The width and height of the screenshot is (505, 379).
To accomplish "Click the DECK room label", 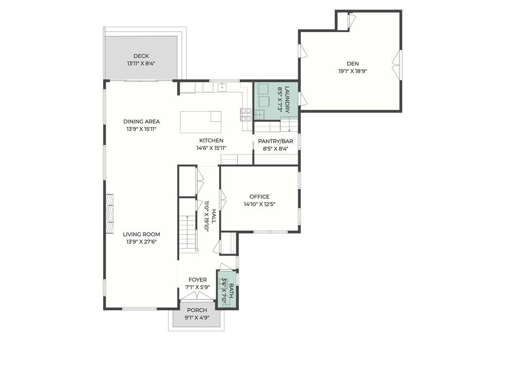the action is (x=141, y=56).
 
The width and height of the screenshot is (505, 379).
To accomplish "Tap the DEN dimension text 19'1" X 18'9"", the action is (x=353, y=72).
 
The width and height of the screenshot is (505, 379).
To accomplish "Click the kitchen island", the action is (x=201, y=122).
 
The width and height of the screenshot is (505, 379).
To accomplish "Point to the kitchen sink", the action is (x=222, y=87).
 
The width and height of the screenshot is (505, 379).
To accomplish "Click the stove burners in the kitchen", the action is (x=246, y=115).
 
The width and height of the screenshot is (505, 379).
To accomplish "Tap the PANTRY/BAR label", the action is (x=275, y=141).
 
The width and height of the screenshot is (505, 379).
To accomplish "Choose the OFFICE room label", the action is (x=259, y=196).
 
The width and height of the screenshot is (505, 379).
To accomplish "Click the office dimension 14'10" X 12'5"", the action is (x=259, y=204).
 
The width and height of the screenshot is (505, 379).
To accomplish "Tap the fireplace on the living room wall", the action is (x=110, y=213).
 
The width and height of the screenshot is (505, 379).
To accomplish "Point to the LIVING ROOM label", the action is (x=142, y=234).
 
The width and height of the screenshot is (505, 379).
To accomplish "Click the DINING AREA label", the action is (x=142, y=121).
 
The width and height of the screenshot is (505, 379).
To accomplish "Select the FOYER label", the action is (x=198, y=280).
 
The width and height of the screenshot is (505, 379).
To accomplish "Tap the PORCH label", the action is (x=197, y=310).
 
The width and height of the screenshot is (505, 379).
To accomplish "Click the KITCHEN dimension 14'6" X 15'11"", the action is (x=211, y=148).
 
